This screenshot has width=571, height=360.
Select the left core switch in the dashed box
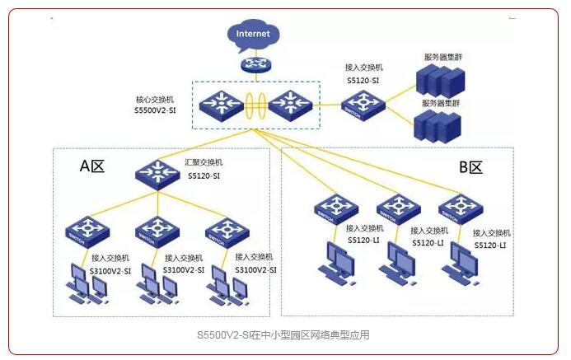click(221, 103)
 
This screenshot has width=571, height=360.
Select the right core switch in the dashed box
click(287, 103)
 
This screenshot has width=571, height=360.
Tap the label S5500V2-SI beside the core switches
click(156, 110)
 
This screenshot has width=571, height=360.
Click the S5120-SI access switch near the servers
click(363, 105)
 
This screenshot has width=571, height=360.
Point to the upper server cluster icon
click(439, 82)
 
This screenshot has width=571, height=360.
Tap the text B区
click(470, 167)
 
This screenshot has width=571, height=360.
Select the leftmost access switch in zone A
click(87, 231)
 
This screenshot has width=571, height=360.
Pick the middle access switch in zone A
click(157, 231)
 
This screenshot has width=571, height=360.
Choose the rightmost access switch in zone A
click(225, 231)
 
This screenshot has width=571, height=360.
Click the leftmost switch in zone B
click(336, 209)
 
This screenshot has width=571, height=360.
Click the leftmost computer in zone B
click(338, 263)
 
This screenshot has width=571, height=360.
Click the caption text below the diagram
click(283, 335)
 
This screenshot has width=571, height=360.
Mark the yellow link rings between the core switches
click(254, 105)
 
